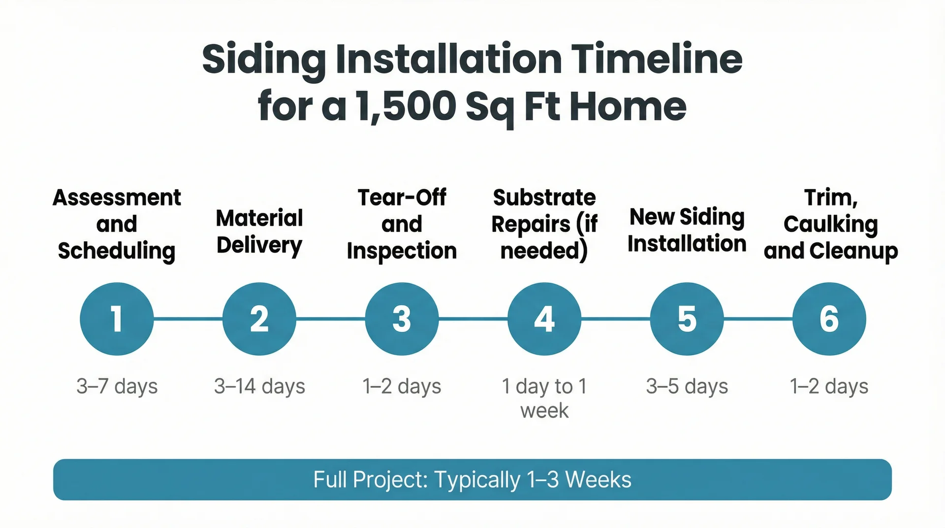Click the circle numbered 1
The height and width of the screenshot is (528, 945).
[x=117, y=319]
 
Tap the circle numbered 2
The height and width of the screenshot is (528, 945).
[x=259, y=319]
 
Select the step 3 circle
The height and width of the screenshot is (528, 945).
[x=402, y=319]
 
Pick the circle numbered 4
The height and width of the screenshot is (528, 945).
[x=544, y=319]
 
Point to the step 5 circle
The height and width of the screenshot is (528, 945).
[x=687, y=319]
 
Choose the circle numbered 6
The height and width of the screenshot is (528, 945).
[x=829, y=319]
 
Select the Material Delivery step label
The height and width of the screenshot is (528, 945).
[x=259, y=231]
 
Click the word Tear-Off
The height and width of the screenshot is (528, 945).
[x=402, y=198]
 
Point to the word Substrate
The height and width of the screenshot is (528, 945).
[x=544, y=198]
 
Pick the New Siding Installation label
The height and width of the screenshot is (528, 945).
[x=687, y=230]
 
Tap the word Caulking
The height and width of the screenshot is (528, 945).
[x=830, y=225]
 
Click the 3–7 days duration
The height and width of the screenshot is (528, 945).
[x=117, y=386]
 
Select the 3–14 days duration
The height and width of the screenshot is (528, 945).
[x=259, y=386]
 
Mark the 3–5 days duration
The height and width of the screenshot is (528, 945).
[x=687, y=386]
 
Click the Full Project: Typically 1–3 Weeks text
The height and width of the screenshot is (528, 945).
[x=472, y=479]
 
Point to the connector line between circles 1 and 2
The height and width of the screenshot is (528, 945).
[x=188, y=319]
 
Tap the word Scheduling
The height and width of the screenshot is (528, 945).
[x=117, y=251]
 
